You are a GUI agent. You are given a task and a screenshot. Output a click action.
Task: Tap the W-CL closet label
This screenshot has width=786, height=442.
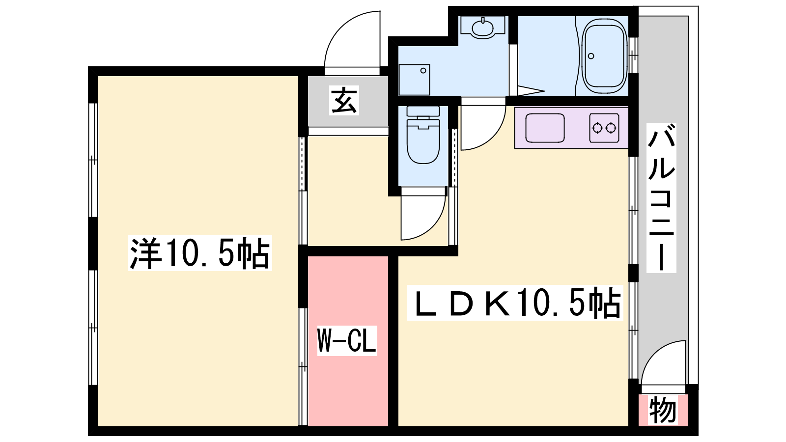pos(347,341)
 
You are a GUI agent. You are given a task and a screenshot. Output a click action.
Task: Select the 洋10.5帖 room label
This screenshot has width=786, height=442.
pos(200,253)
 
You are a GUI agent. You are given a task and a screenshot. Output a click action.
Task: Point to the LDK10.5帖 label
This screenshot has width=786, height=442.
pos(515,303)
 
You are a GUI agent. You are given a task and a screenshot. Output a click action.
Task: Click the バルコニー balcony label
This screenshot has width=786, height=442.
pos(661,198)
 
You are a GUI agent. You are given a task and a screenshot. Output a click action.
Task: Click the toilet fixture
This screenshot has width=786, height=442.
pos(423,135)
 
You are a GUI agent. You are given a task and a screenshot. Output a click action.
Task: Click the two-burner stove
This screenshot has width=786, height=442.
pos(604,128)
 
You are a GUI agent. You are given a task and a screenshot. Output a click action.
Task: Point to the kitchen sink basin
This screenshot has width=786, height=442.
pos(545,128)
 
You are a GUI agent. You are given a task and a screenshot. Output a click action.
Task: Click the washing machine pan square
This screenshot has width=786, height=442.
pos(415,80)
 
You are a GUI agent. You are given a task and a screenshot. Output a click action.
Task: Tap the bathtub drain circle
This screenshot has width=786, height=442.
pos(591,56)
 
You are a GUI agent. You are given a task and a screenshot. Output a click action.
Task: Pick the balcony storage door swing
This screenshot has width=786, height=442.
pos(663,363)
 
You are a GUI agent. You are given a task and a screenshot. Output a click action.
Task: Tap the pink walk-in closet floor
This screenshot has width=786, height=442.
pos(348,341)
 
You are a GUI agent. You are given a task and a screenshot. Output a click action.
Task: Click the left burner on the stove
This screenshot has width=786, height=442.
pos(597,128)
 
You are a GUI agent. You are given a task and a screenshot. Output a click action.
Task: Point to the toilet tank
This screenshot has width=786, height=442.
pos(423,111)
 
